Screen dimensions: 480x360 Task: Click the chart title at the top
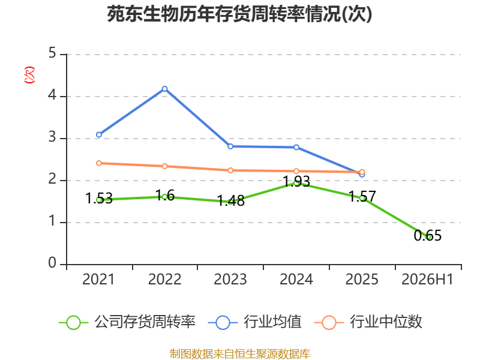tap(239, 14)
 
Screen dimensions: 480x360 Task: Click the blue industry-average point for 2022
tap(164, 89)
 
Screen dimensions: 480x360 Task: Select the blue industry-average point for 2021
tap(99, 134)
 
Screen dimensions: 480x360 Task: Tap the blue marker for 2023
tap(230, 146)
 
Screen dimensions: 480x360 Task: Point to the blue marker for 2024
tap(296, 147)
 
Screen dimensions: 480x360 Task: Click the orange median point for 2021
tap(99, 163)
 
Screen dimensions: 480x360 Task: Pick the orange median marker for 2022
tap(164, 166)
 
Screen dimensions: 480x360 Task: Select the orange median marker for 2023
tap(230, 170)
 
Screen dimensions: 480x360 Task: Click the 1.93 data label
tap(296, 181)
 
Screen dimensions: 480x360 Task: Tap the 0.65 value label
tap(428, 235)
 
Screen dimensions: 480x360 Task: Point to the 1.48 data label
tap(231, 201)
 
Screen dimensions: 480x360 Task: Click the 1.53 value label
tap(99, 198)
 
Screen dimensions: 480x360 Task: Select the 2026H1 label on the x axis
tap(427, 279)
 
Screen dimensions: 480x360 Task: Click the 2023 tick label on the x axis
tap(230, 279)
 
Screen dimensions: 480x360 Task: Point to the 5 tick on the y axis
tap(52, 53)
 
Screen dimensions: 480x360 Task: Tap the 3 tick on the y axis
tap(52, 137)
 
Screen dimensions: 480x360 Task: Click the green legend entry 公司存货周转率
tap(127, 322)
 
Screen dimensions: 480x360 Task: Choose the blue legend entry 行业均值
tap(254, 322)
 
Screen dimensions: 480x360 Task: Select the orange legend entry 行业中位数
tap(368, 322)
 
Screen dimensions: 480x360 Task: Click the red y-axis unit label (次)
tap(29, 75)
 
